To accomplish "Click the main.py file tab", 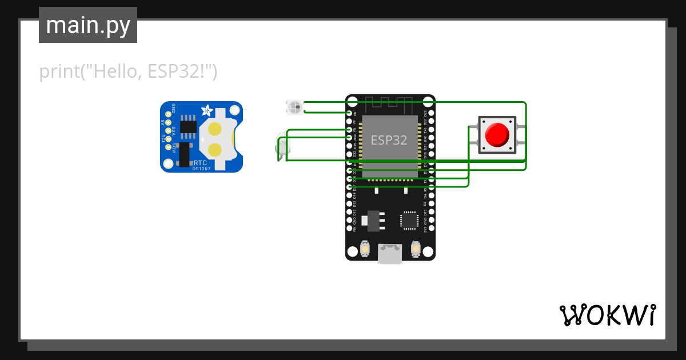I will pyautogui.click(x=87, y=25).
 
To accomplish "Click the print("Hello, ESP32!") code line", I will pyautogui.click(x=128, y=72).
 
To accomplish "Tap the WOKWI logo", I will pyautogui.click(x=607, y=315).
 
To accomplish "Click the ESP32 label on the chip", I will pyautogui.click(x=389, y=140).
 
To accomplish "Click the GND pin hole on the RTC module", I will pyautogui.click(x=168, y=114).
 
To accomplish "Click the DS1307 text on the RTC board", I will pyautogui.click(x=201, y=169).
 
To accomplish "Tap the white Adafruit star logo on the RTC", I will pyautogui.click(x=207, y=109).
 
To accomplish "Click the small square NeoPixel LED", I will pyautogui.click(x=294, y=106).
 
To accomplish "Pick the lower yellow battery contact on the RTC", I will pyautogui.click(x=216, y=150).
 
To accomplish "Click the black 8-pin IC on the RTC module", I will pyautogui.click(x=188, y=127).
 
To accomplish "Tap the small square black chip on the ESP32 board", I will pyautogui.click(x=409, y=220).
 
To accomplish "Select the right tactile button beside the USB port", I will pyautogui.click(x=416, y=250).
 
